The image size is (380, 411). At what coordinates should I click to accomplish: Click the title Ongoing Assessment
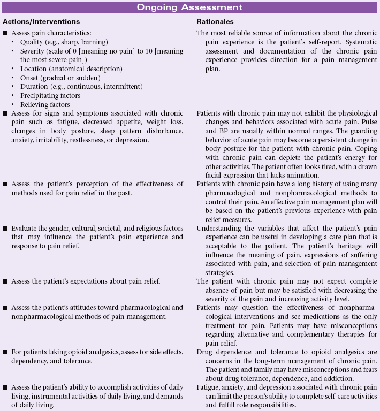tap(189, 7)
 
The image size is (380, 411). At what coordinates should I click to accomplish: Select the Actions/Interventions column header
tap(41, 21)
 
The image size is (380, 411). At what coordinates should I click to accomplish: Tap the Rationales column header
tap(214, 21)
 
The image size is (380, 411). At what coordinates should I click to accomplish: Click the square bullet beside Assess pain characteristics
tap(5, 33)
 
